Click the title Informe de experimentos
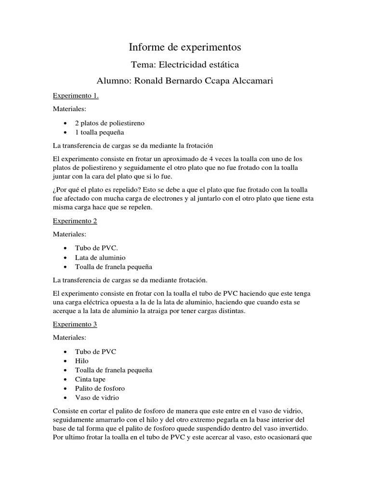[185, 47]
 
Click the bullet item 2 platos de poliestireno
[109, 123]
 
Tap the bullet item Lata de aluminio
[100, 257]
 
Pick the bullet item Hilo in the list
[81, 361]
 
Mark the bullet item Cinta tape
[91, 379]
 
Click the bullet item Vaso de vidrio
[96, 398]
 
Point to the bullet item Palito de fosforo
[99, 388]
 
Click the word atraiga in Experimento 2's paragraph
[165, 311]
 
